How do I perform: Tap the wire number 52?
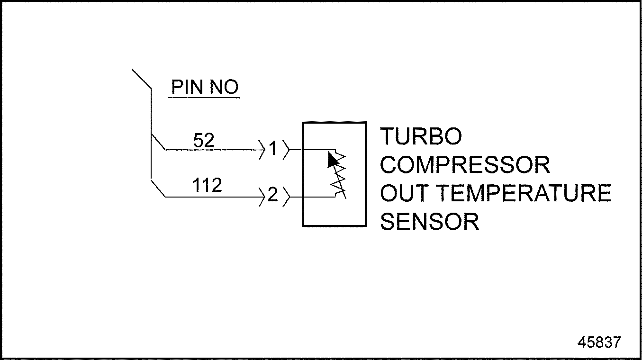click(x=204, y=140)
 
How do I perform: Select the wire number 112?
click(x=207, y=186)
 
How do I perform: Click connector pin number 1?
click(x=272, y=150)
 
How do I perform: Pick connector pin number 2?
click(x=272, y=195)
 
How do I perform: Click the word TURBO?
click(x=421, y=137)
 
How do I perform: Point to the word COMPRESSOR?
click(x=465, y=165)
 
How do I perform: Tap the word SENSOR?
click(x=429, y=222)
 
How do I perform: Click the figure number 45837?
click(x=598, y=342)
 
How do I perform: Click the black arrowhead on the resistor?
click(x=333, y=160)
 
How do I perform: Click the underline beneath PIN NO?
click(x=204, y=98)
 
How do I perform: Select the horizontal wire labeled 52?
click(x=213, y=150)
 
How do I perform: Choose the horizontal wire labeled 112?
click(x=213, y=196)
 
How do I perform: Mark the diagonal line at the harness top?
click(x=141, y=79)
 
